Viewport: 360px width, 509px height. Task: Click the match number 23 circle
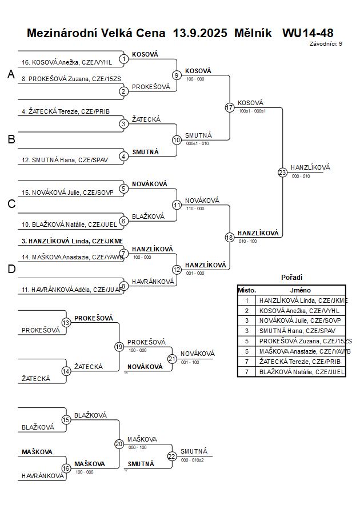pyautogui.click(x=282, y=172)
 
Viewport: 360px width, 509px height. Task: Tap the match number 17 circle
pyautogui.click(x=230, y=107)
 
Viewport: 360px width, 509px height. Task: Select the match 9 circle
pyautogui.click(x=177, y=75)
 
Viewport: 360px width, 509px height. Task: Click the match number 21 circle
pyautogui.click(x=172, y=359)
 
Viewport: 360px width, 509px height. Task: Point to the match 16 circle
pyautogui.click(x=66, y=468)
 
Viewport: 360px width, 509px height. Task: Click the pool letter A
pyautogui.click(x=11, y=74)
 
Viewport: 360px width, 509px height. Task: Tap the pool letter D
pyautogui.click(x=11, y=269)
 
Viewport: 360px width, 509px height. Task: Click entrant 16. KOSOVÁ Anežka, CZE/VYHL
pyautogui.click(x=67, y=62)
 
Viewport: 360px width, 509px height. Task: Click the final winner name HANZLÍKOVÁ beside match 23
pyautogui.click(x=310, y=167)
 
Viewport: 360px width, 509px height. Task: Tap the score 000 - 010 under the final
pyautogui.click(x=301, y=177)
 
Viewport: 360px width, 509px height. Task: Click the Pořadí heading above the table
pyautogui.click(x=291, y=277)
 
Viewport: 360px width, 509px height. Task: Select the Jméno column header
pyautogui.click(x=300, y=290)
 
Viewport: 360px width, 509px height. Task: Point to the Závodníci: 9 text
pyautogui.click(x=326, y=43)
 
